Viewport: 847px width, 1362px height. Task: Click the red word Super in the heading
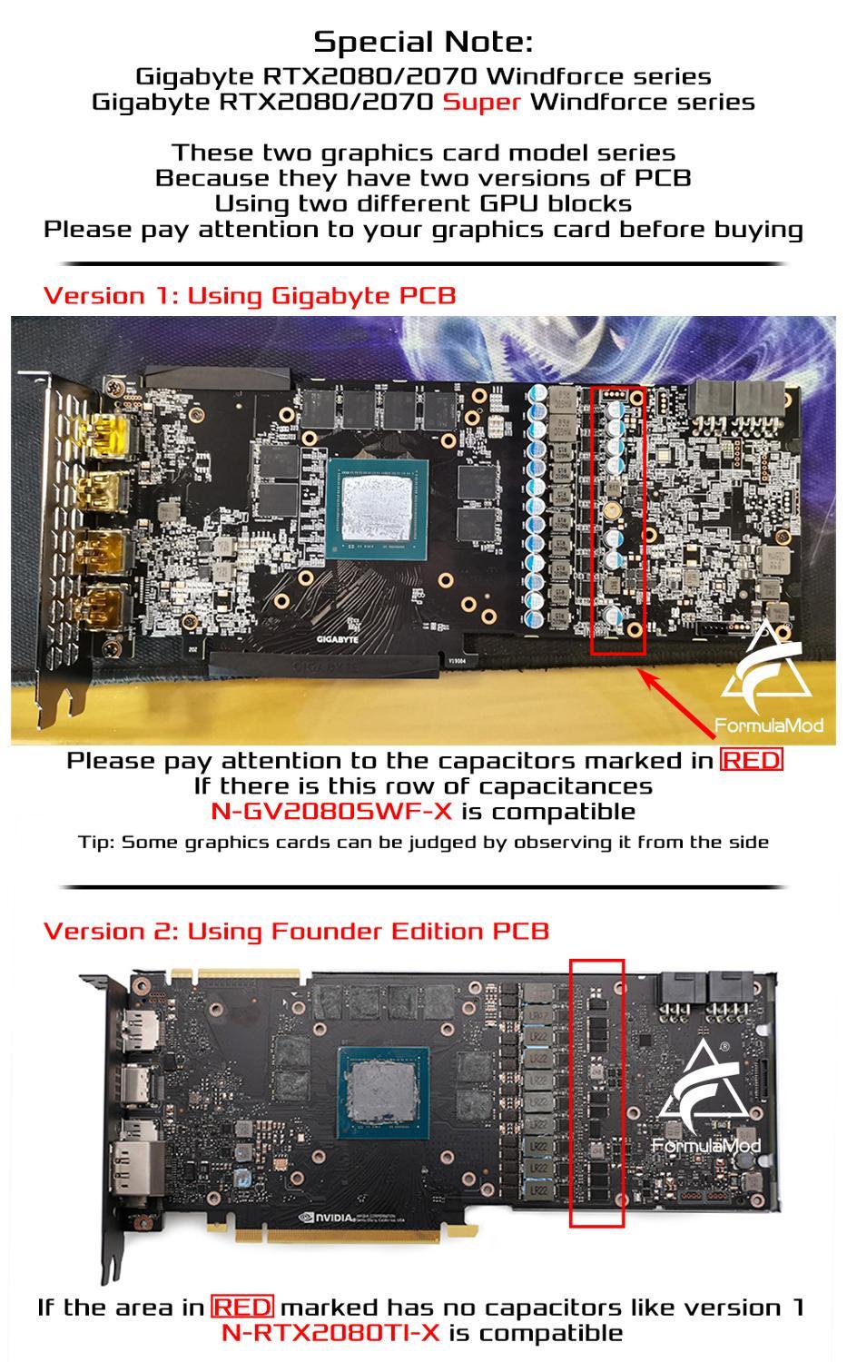481,102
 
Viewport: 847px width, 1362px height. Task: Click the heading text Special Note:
423,42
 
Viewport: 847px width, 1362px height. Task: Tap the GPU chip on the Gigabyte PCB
377,508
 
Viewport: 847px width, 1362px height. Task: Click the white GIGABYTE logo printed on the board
338,639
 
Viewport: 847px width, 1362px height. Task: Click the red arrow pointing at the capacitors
676,704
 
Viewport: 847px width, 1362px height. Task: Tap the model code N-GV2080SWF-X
331,812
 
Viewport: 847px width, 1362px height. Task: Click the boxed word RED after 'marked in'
751,760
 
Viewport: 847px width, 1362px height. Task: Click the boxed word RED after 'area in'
242,1307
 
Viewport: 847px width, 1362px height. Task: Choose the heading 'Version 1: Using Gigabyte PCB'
250,295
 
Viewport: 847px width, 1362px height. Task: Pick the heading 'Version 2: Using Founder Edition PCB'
296,931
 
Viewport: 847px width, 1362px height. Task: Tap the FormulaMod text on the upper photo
769,725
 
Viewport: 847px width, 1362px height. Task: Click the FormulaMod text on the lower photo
706,1146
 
